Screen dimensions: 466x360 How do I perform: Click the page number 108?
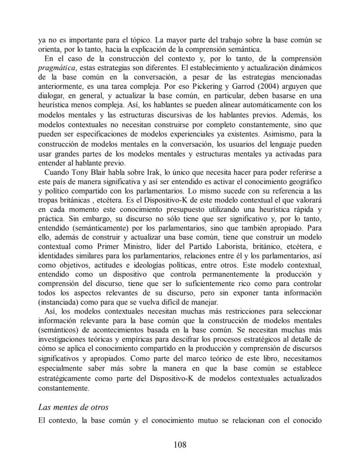click(180, 444)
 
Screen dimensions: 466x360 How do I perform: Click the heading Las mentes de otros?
click(73, 407)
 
